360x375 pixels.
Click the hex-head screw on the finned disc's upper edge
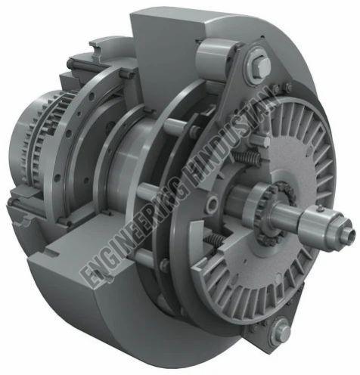[x=287, y=88]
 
